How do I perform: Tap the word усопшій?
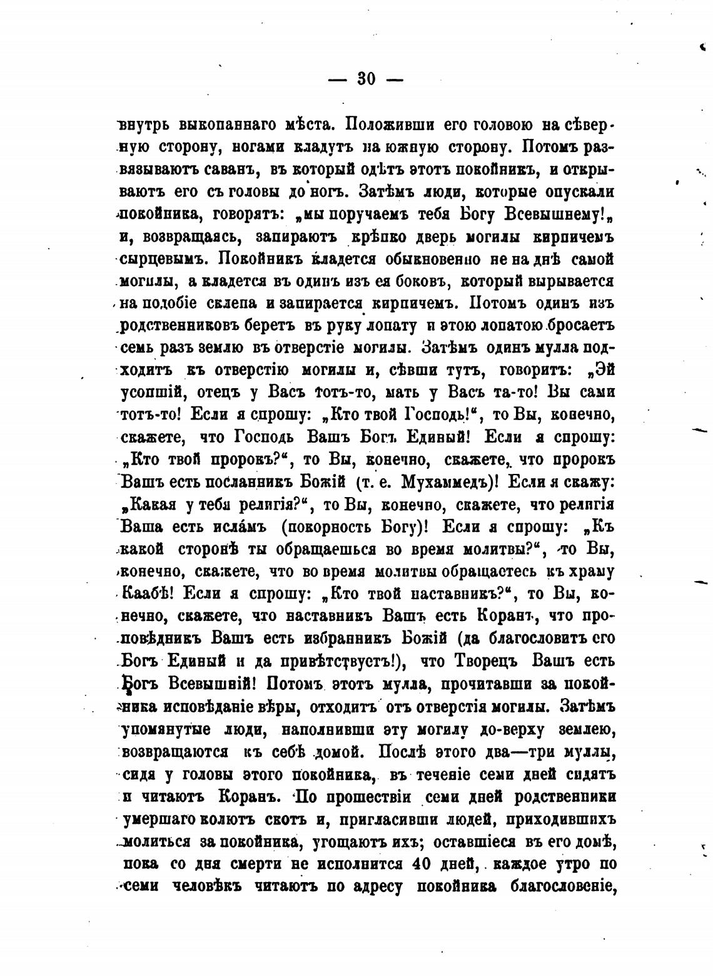(x=150, y=393)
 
